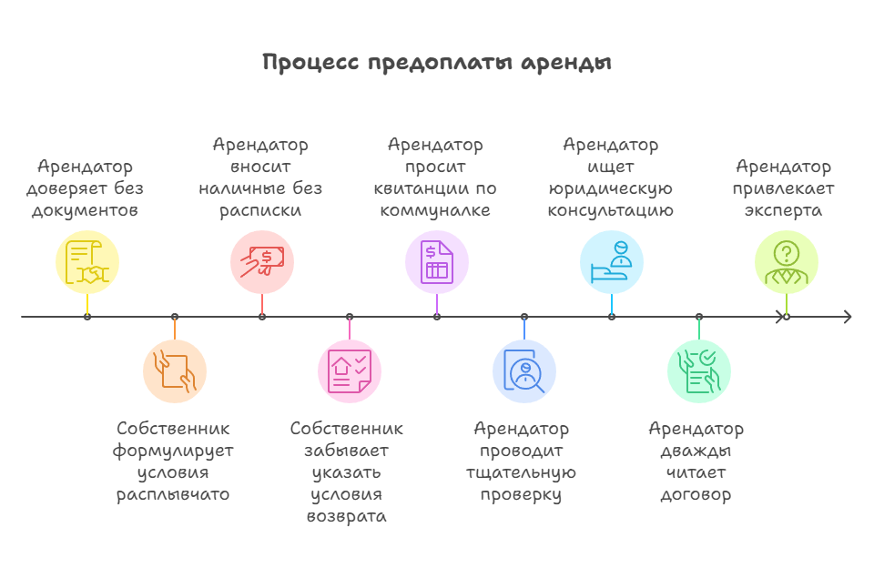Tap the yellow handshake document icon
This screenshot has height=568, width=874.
87,262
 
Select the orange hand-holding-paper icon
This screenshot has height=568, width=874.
175,371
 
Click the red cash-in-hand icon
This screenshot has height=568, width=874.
262,262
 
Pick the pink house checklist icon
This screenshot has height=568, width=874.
350,371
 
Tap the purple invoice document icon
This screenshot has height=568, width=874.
437,262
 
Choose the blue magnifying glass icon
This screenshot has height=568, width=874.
524,371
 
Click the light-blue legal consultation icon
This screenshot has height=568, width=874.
612,262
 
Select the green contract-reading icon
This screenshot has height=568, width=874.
699,371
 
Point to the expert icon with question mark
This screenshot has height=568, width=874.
787,262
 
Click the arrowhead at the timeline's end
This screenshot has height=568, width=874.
848,317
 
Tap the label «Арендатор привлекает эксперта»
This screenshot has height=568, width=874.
784,188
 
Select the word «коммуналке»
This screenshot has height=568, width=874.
435,211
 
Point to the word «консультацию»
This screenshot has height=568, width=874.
610,211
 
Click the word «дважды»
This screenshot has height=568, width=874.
696,451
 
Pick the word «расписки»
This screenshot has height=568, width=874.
260,211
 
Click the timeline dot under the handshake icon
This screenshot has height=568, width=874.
87,317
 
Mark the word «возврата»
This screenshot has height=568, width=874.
347,517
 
